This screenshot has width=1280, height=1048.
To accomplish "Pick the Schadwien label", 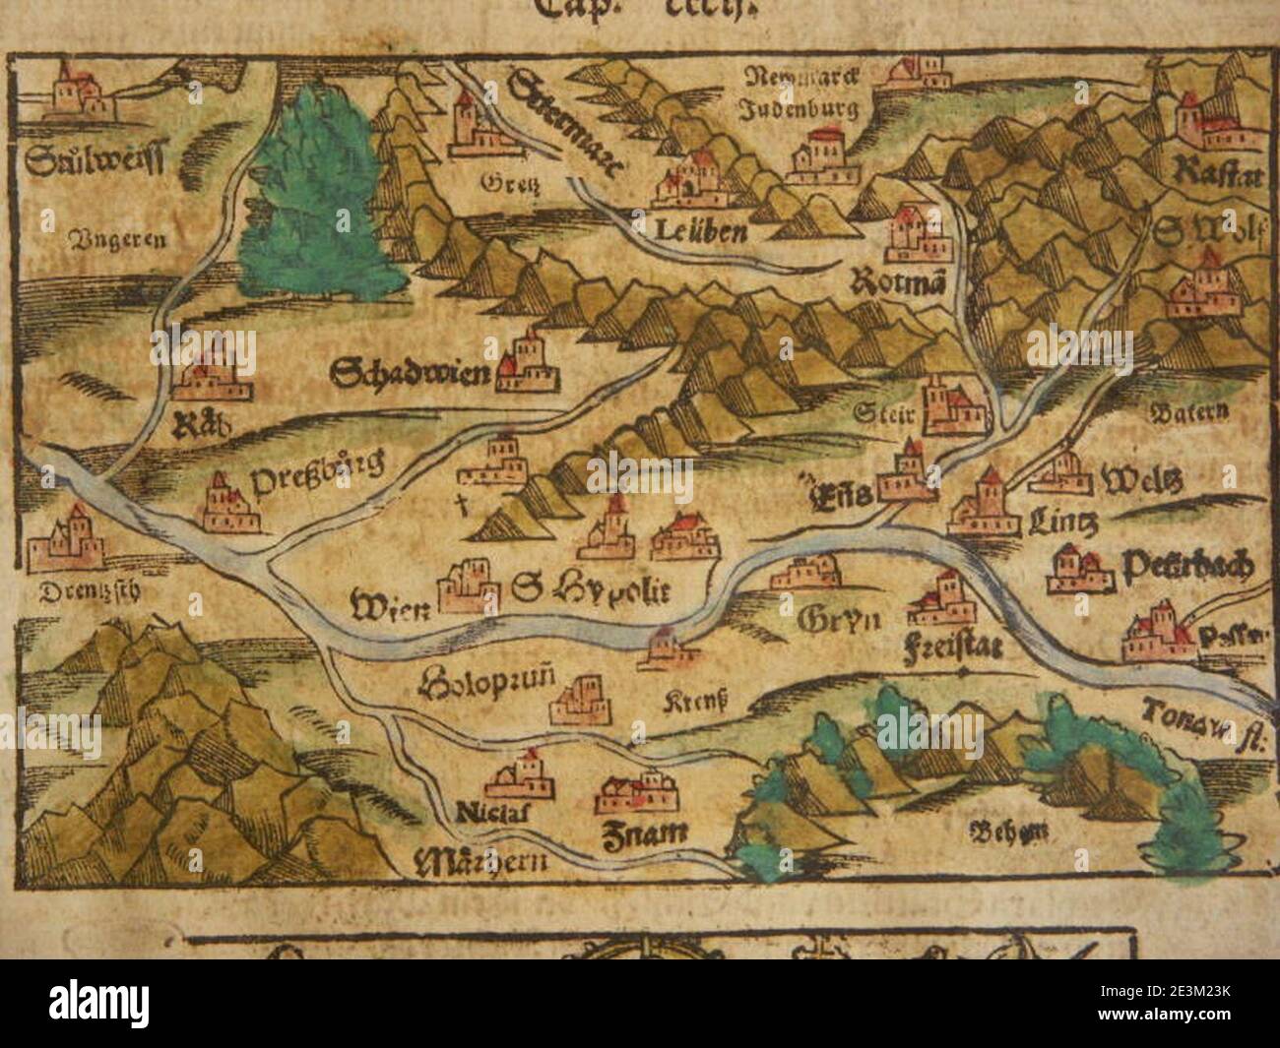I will click(411, 373).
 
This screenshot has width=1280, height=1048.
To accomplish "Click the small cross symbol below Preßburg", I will click(457, 507).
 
